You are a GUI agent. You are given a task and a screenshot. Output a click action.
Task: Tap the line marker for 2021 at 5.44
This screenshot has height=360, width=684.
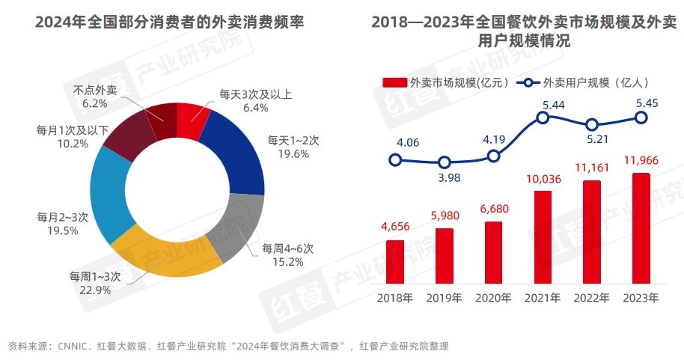[x=543, y=118]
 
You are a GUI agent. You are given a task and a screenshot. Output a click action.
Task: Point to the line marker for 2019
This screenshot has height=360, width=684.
[x=445, y=162]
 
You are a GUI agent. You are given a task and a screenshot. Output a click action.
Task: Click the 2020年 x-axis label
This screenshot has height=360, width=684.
[x=493, y=298]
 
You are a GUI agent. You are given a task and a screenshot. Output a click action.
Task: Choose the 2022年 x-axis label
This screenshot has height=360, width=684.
[x=592, y=298]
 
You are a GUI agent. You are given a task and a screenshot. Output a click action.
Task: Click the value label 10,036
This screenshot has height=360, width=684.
[x=543, y=179]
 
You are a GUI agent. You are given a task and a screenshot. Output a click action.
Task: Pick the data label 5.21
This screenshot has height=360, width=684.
[x=593, y=139]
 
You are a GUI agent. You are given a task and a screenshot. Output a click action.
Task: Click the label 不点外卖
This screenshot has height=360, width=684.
[x=95, y=90]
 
